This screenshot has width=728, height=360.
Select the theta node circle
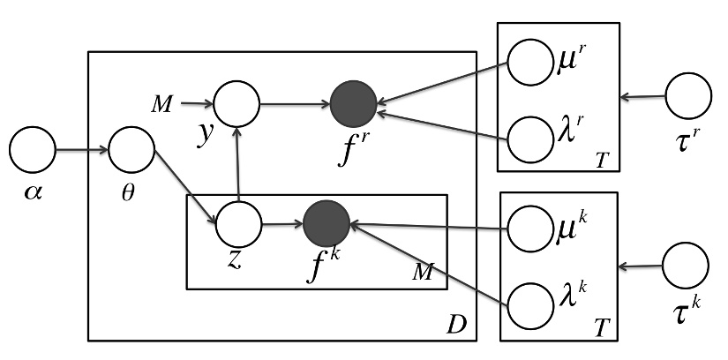[x=131, y=151]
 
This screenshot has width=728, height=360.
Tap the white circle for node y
[x=236, y=104]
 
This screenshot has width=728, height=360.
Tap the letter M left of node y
[x=161, y=105]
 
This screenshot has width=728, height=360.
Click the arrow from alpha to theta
[x=81, y=151]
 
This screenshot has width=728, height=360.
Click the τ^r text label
[x=687, y=143]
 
